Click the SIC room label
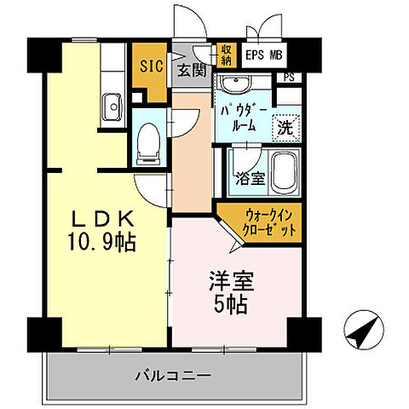click(x=151, y=64)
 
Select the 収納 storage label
click(x=226, y=55)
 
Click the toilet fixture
click(x=149, y=141)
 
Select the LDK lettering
click(x=102, y=218)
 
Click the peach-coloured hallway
click(x=192, y=162)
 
